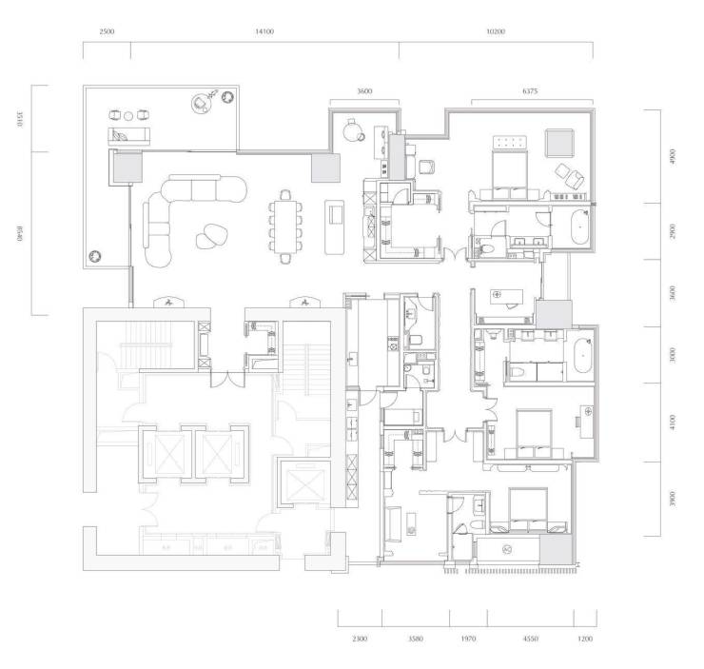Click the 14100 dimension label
pyautogui.click(x=264, y=31)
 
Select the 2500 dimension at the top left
pyautogui.click(x=107, y=31)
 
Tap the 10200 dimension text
pyautogui.click(x=496, y=31)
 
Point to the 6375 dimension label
pyautogui.click(x=530, y=91)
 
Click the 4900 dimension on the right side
pyautogui.click(x=672, y=156)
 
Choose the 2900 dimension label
pyautogui.click(x=672, y=231)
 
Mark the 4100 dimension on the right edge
pyautogui.click(x=672, y=423)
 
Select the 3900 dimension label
pyautogui.click(x=672, y=499)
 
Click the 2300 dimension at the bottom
pyautogui.click(x=360, y=639)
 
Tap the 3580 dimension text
pyautogui.click(x=416, y=639)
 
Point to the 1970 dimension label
pyautogui.click(x=468, y=639)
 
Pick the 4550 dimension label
pyautogui.click(x=530, y=639)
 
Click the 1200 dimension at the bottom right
pyautogui.click(x=585, y=639)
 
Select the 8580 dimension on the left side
pyautogui.click(x=20, y=234)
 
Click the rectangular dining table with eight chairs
pyautogui.click(x=285, y=226)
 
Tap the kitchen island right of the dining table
pyautogui.click(x=335, y=227)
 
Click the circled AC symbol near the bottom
pyautogui.click(x=507, y=549)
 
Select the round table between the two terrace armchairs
pyautogui.click(x=128, y=116)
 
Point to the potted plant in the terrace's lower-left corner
pyautogui.click(x=95, y=256)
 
